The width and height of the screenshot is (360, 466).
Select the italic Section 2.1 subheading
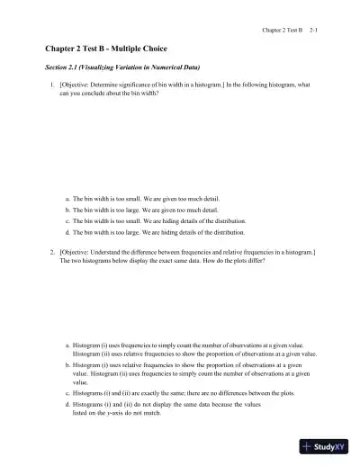tap(122, 67)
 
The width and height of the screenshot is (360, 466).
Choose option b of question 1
tap(142, 209)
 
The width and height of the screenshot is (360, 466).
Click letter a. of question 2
tap(68, 345)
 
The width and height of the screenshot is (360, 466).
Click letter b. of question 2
tap(68, 365)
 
